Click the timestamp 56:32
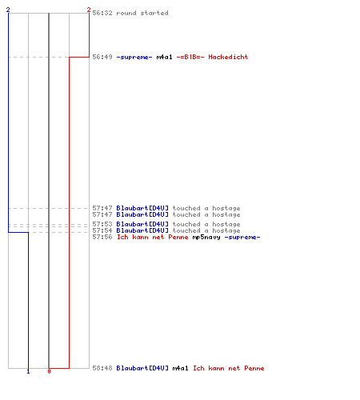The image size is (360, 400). coord(102,13)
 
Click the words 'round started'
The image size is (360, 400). coord(142,13)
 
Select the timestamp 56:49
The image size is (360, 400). coord(102,57)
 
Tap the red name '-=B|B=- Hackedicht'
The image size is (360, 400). coord(212,57)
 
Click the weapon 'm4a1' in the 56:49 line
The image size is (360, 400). coord(164,57)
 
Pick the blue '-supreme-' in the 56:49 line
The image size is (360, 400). coord(134,57)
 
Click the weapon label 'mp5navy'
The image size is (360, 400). coord(206,237)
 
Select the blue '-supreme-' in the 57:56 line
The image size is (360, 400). coord(242,237)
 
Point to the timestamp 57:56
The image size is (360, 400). coord(102,237)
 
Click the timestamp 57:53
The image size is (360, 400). coord(102,224)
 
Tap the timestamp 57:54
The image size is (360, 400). coord(102,230)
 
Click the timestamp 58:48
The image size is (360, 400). coord(102,368)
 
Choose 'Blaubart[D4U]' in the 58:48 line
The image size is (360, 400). coord(142,368)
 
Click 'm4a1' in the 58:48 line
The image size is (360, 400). coord(180,368)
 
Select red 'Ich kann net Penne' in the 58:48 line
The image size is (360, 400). coord(229,368)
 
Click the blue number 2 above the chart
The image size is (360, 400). coord(8,10)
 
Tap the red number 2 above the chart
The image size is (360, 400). coord(89,10)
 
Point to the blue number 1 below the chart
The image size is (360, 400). coord(28,371)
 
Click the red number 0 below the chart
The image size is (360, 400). coord(49,371)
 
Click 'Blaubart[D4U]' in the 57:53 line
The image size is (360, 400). coord(142,224)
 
